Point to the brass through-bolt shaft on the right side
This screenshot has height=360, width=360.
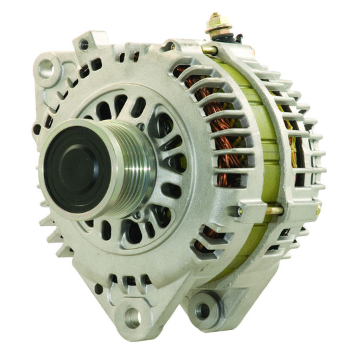[x=273, y=211]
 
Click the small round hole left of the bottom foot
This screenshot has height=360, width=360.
[x=98, y=289]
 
